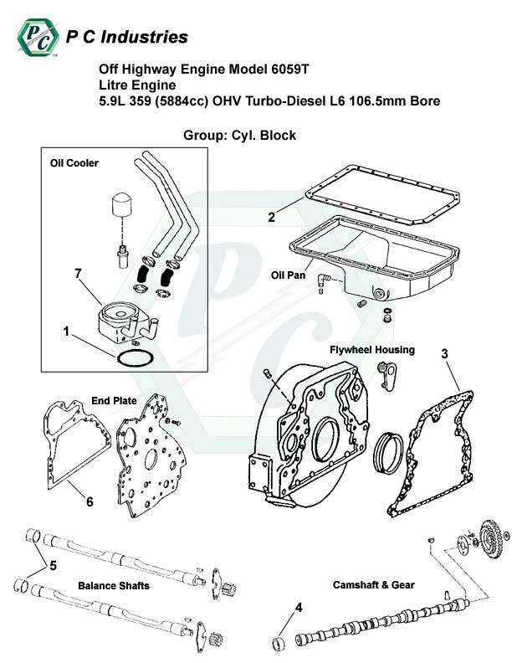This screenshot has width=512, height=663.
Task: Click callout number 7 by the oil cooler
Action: coord(77,274)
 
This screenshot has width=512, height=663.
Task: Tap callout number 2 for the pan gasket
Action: coord(272,218)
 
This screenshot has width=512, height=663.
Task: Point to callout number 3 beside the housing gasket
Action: coord(445,353)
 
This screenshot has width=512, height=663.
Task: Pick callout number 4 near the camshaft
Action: coord(298,607)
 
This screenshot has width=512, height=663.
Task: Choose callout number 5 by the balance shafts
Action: coord(53,565)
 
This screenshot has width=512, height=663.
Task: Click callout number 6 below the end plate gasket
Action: coord(89,502)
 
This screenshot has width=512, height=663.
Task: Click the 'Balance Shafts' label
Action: coord(114,585)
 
